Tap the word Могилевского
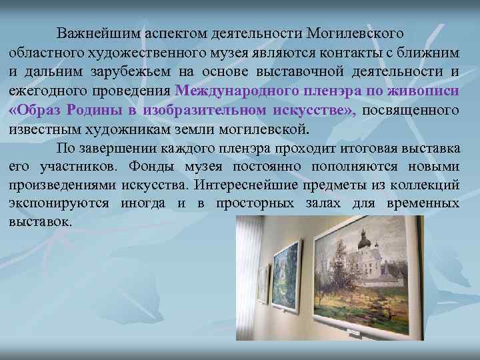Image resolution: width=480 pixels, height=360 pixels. click(357, 33)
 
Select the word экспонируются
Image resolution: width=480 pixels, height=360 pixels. click(59, 203)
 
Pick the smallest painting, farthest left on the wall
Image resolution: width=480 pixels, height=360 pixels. click(263, 283)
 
